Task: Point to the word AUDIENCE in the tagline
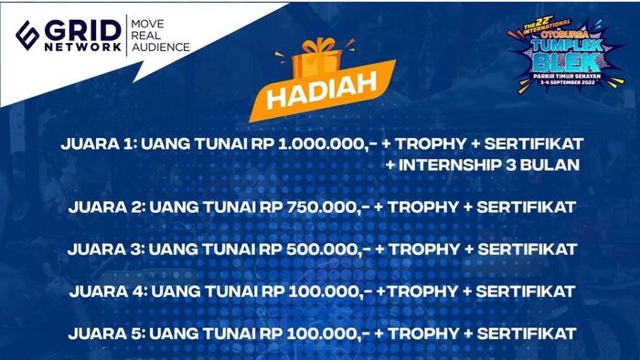click(161, 48)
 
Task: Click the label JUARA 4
click(102, 291)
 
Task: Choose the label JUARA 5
click(102, 333)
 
